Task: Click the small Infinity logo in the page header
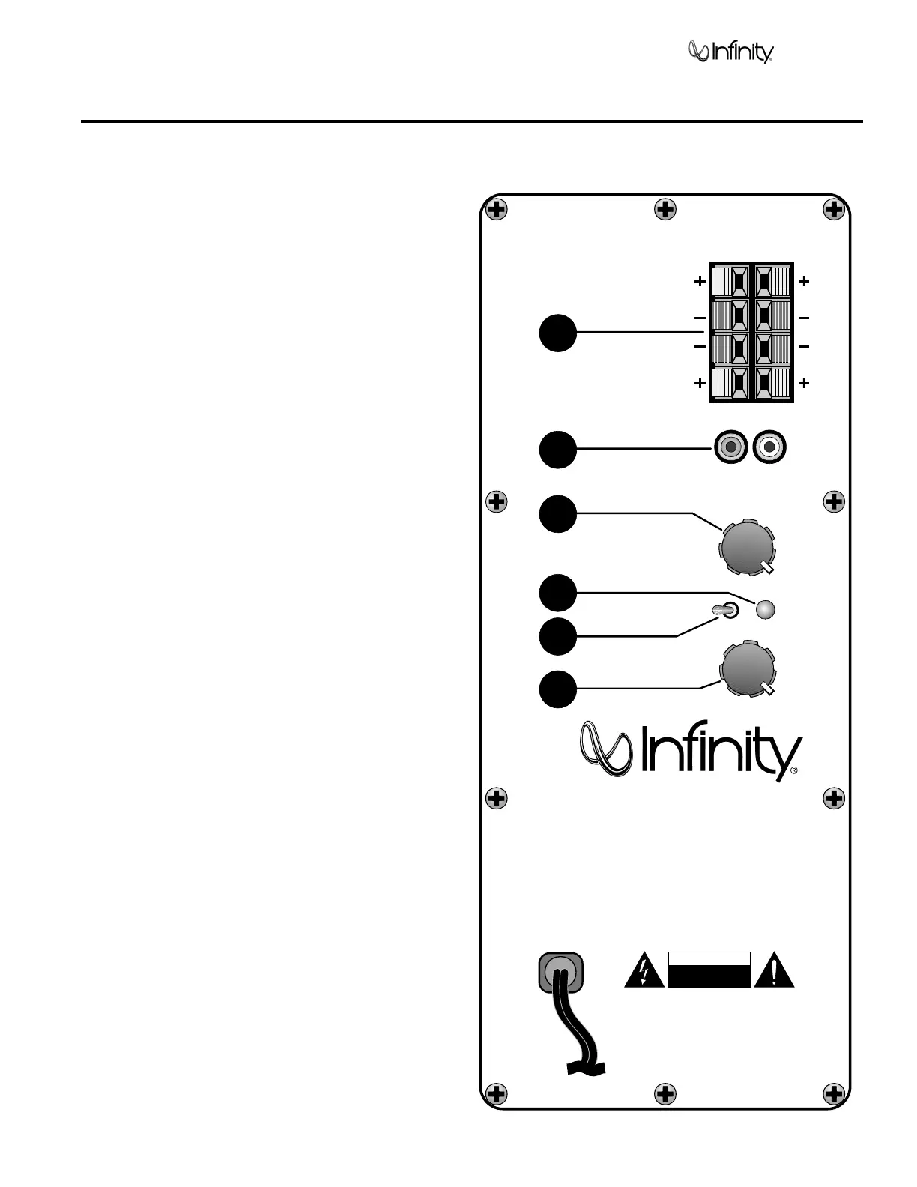click(730, 52)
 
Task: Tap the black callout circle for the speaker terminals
click(558, 333)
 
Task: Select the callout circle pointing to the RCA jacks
click(558, 449)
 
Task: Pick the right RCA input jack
click(769, 449)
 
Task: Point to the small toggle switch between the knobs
click(727, 611)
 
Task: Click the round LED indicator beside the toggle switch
click(765, 610)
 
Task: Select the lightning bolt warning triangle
click(644, 972)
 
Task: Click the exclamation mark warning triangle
click(774, 972)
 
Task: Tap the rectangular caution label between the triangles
click(709, 970)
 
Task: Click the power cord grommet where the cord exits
click(560, 972)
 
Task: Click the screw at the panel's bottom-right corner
click(834, 1093)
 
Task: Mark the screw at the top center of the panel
click(665, 210)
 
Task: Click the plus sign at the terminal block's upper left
click(699, 282)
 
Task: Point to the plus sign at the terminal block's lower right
click(804, 383)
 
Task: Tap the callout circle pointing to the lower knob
click(558, 689)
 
